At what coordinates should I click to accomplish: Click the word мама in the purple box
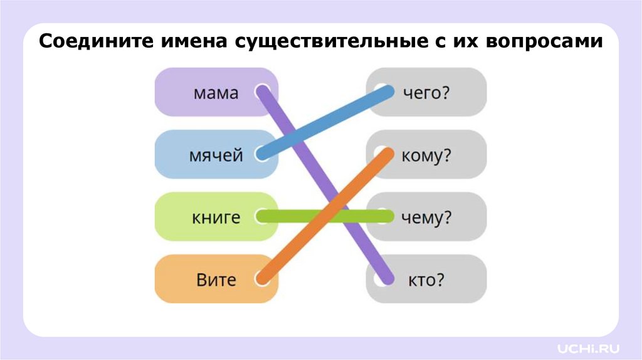216,93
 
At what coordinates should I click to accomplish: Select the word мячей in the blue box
216,155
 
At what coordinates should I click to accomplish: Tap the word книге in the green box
216,218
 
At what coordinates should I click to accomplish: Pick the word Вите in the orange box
216,279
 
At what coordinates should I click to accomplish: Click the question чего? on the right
427,93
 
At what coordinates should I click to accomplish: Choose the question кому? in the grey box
426,156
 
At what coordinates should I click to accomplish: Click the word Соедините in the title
90,43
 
